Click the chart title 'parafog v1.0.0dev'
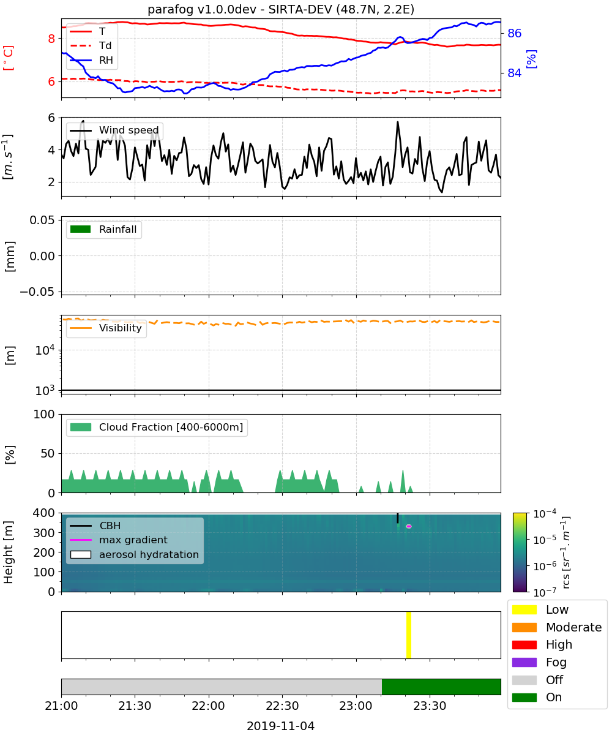click(201, 10)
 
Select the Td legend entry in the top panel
click(91, 46)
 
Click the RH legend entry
click(91, 60)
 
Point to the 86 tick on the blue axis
click(514, 34)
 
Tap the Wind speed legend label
click(129, 130)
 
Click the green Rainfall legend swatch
click(81, 229)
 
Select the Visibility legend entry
click(106, 328)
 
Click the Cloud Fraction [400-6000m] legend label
click(171, 427)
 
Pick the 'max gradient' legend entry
click(119, 540)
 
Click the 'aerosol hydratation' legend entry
click(135, 554)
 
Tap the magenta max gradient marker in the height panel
click(408, 526)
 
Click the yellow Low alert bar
click(408, 635)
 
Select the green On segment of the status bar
click(441, 687)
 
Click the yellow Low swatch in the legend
click(524, 609)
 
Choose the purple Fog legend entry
click(539, 662)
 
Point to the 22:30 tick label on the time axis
click(282, 706)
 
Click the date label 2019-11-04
click(280, 726)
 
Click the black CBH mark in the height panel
click(397, 518)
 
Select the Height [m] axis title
click(9, 552)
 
